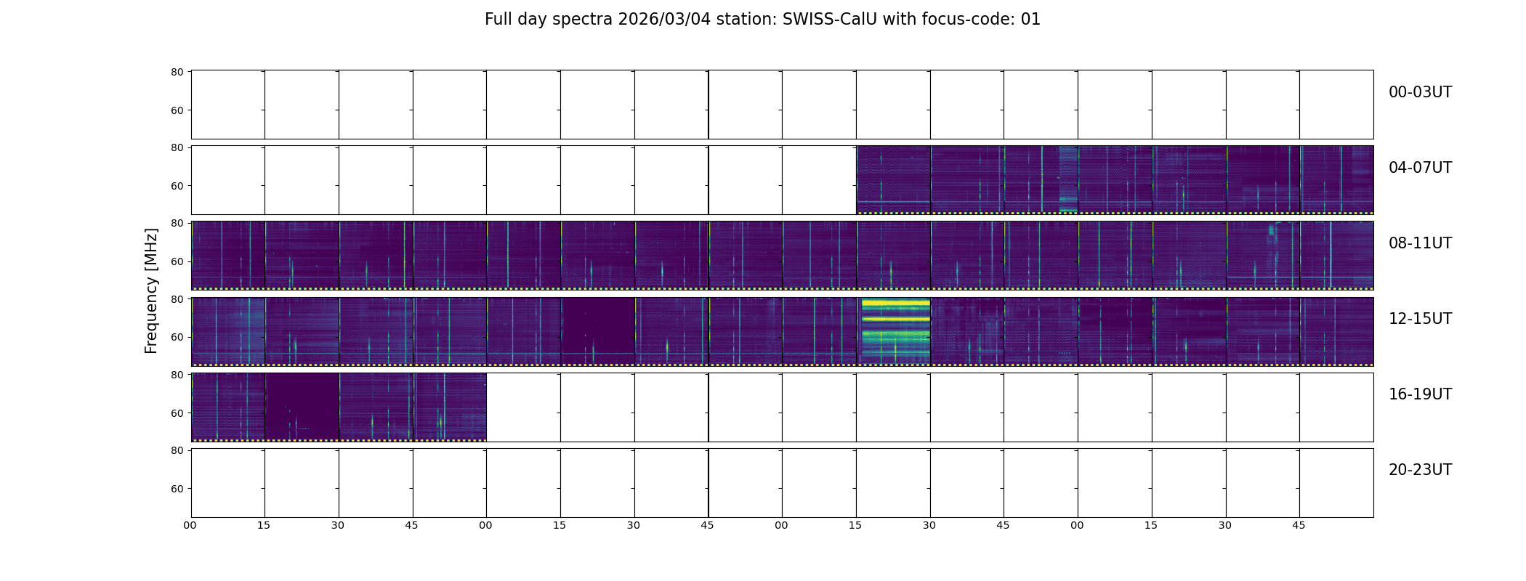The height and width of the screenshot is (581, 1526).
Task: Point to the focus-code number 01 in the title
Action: click(1030, 20)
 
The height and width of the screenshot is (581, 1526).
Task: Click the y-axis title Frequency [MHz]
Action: click(151, 290)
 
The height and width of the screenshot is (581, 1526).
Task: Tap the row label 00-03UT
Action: click(1420, 92)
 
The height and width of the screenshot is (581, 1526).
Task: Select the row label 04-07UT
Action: click(1420, 168)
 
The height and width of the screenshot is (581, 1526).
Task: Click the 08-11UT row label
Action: click(1420, 243)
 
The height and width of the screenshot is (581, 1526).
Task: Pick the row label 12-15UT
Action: click(1420, 319)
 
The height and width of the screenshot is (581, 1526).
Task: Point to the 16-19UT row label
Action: click(1420, 394)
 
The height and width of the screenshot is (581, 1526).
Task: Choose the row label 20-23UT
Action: click(1420, 470)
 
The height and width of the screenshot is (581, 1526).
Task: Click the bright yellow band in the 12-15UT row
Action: click(895, 303)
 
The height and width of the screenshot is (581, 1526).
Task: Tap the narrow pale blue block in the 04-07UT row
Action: click(1068, 179)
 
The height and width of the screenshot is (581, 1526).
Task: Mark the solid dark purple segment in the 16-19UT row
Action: click(302, 406)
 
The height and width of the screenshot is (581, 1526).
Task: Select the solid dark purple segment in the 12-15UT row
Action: click(598, 330)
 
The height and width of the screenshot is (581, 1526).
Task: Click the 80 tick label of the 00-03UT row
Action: click(177, 72)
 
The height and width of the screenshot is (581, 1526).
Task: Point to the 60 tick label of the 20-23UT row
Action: click(177, 489)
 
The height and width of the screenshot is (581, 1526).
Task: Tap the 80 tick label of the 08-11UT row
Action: click(177, 223)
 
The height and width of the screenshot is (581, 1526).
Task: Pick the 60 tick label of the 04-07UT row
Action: click(177, 186)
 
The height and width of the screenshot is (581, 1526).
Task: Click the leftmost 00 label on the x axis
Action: click(190, 525)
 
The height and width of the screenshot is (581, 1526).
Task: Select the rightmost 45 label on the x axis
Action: click(1299, 525)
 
